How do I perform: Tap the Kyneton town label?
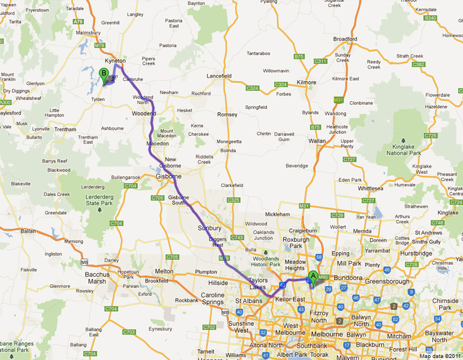click(115, 61)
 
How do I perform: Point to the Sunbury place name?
click(209, 228)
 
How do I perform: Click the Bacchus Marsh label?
click(98, 278)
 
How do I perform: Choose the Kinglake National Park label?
click(403, 149)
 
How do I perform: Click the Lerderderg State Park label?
click(99, 200)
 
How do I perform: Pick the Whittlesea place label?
click(371, 189)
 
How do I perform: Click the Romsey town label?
click(227, 114)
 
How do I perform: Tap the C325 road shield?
click(234, 200)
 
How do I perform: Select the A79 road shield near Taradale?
click(78, 21)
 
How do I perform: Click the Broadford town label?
click(345, 39)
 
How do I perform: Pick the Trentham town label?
click(65, 129)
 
